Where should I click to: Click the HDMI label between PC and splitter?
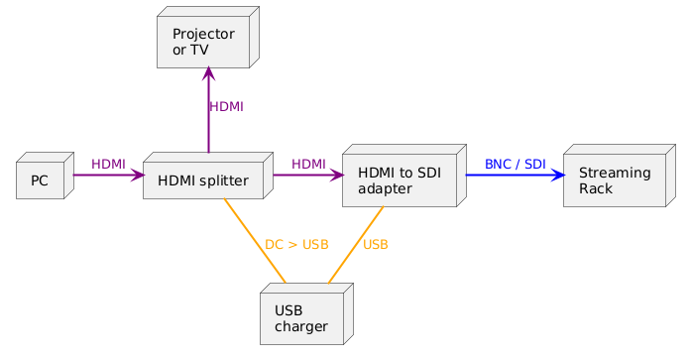[108, 164]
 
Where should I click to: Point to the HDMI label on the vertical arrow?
[226, 106]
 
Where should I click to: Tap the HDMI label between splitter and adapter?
[308, 164]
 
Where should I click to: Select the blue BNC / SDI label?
[515, 164]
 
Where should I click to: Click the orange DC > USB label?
[296, 245]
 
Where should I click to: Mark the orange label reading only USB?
[376, 245]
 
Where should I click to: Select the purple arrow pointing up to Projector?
[208, 119]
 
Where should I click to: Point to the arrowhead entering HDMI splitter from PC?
[137, 175]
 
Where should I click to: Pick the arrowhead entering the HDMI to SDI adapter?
[336, 175]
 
